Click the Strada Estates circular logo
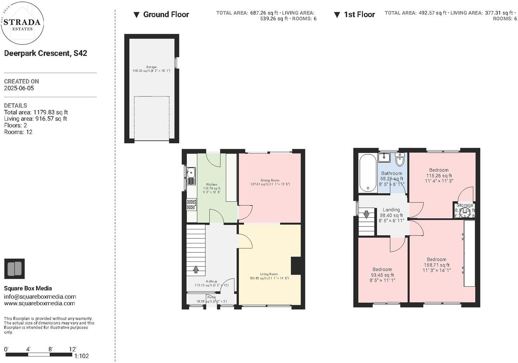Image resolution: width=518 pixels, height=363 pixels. point(22,23)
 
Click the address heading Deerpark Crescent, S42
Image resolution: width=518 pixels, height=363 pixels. point(45,53)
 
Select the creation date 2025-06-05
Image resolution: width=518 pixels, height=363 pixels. point(19,88)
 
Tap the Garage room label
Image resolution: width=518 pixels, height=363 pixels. point(151,67)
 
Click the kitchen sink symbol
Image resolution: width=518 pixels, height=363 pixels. point(191,176)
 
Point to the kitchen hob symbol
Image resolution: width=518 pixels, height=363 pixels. point(191,205)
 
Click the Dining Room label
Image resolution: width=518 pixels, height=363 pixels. point(270,180)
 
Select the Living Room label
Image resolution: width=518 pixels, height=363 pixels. point(269,274)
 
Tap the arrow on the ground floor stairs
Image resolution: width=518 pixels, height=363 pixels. point(196,269)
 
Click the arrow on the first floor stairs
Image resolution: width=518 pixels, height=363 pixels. point(366,215)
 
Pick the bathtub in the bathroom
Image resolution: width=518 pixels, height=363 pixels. point(368,174)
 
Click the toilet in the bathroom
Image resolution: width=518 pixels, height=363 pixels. point(399,159)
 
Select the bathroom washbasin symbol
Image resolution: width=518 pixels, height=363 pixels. point(384,157)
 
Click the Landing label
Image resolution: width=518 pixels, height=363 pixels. point(391,210)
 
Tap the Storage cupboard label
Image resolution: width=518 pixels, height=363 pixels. point(465,205)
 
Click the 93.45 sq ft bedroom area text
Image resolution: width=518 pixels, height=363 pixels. point(382,275)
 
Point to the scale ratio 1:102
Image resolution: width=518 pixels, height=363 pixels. point(81,356)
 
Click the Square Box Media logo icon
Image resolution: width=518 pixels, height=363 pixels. point(14,269)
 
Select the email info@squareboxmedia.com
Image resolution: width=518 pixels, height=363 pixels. point(40,297)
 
